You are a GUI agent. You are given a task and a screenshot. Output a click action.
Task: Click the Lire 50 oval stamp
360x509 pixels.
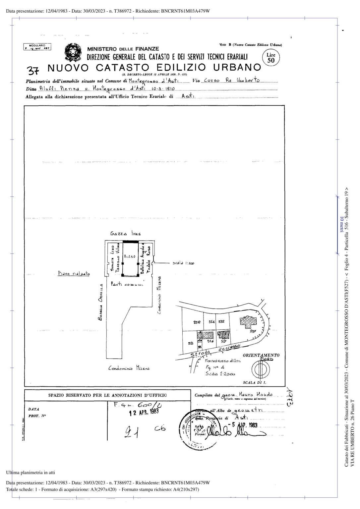[x=271, y=58]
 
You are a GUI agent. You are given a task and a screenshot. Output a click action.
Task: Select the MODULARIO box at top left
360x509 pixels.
[x=37, y=47]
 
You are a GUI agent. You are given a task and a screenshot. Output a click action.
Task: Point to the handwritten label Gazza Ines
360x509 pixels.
[x=125, y=234]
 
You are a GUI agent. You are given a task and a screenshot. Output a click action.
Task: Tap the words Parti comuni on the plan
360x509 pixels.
[x=127, y=284]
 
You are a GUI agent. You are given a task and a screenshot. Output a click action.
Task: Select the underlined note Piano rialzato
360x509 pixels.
[x=74, y=274]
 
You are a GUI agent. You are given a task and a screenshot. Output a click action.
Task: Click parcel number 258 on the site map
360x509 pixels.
[x=197, y=322]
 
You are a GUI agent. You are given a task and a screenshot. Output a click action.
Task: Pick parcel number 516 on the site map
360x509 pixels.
[x=210, y=341]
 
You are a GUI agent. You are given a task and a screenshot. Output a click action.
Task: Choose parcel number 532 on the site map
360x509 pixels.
[x=221, y=321]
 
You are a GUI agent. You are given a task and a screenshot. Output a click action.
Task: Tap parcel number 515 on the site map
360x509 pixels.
[x=191, y=343]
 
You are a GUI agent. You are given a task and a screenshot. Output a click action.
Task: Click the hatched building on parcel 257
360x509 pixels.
[x=248, y=321]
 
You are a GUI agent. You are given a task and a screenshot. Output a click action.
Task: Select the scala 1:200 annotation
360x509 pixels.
[x=183, y=263]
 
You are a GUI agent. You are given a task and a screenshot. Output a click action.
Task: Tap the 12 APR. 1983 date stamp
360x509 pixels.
[x=144, y=412]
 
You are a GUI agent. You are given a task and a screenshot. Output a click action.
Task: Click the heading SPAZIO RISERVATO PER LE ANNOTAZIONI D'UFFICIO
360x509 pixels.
[x=108, y=395]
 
